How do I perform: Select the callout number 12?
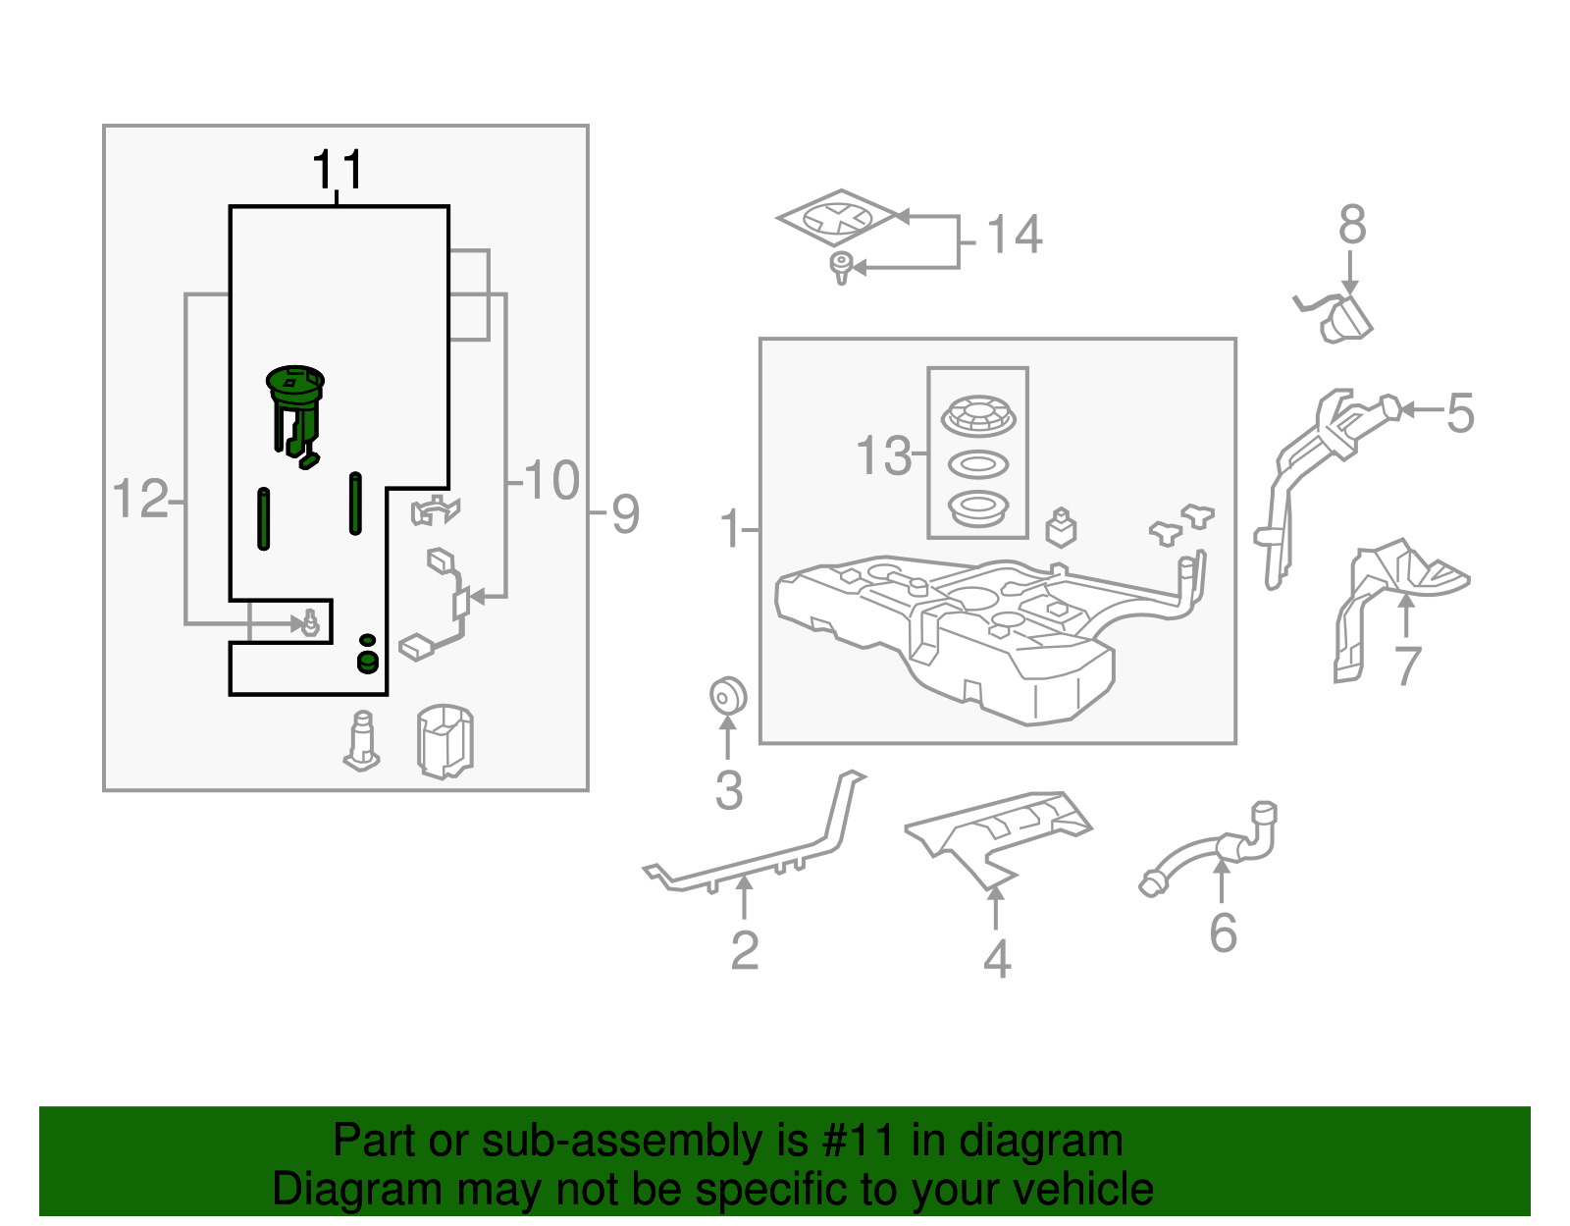pyautogui.click(x=140, y=500)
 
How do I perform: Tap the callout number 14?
pyautogui.click(x=1014, y=236)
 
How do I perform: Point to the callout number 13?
pyautogui.click(x=883, y=455)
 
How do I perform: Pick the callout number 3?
pyautogui.click(x=728, y=791)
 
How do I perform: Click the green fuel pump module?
pyautogui.click(x=294, y=407)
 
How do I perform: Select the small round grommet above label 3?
pyautogui.click(x=728, y=697)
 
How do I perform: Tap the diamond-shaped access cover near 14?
pyautogui.click(x=839, y=218)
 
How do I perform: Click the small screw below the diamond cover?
pyautogui.click(x=841, y=267)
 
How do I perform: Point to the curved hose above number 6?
pyautogui.click(x=1212, y=849)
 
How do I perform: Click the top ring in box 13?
pyautogui.click(x=978, y=416)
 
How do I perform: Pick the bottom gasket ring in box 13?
pyautogui.click(x=978, y=508)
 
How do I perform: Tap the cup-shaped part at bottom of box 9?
pyautogui.click(x=445, y=740)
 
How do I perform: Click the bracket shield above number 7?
pyautogui.click(x=1393, y=599)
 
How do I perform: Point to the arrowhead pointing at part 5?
pyautogui.click(x=1407, y=409)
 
